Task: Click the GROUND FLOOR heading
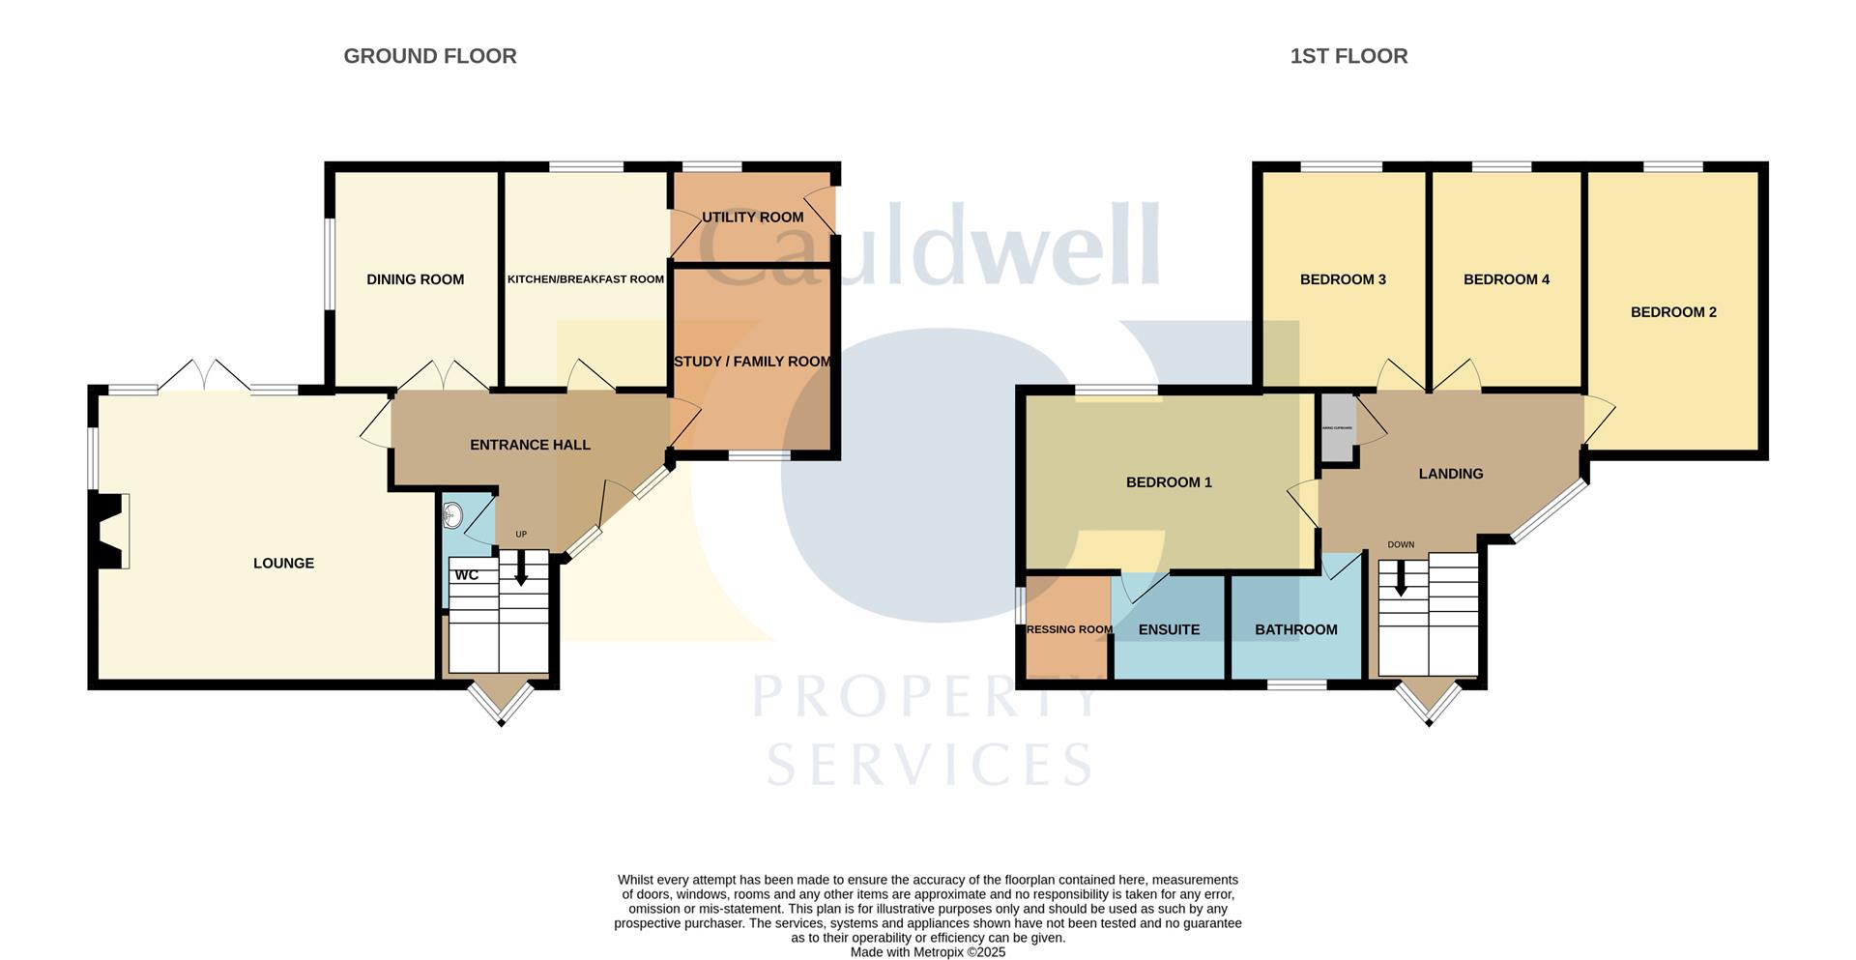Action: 430,56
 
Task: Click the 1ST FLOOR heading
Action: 1348,56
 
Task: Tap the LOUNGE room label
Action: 283,563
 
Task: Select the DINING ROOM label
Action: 415,279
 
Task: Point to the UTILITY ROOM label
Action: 752,217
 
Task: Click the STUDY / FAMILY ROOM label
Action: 752,362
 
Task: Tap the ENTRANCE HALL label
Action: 530,445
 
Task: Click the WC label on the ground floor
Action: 467,575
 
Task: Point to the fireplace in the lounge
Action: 109,531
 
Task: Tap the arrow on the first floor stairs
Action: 1400,579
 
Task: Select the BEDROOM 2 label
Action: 1673,312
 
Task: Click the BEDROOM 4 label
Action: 1506,279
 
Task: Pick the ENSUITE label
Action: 1169,629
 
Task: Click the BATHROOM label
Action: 1295,629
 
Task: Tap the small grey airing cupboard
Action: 1338,427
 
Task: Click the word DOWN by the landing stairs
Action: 1401,544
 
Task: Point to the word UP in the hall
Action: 521,535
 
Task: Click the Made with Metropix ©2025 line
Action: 927,952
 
